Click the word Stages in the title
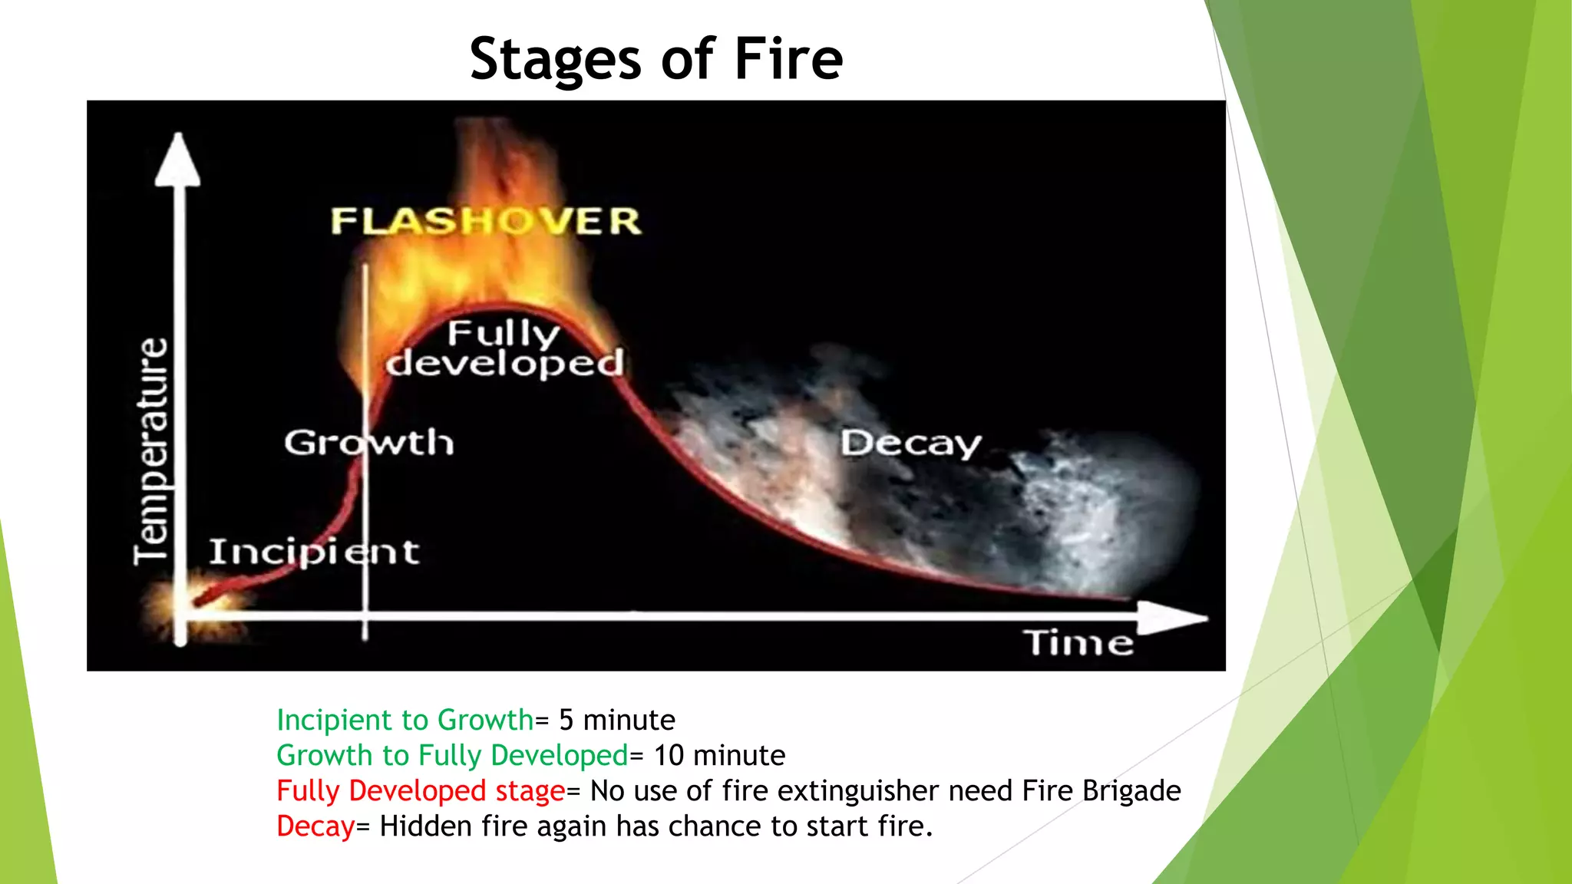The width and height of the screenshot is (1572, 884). point(554,60)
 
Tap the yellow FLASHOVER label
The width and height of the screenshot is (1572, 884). point(485,221)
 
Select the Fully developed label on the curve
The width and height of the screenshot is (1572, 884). point(504,349)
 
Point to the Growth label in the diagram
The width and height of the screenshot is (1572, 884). point(368,443)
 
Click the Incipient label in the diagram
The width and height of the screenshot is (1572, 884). point(314,552)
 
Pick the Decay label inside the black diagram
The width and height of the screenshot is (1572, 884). point(910,444)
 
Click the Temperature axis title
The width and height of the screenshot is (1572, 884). point(150,451)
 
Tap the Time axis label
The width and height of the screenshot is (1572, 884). point(1078,643)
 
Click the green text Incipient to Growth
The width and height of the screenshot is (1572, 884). point(405,720)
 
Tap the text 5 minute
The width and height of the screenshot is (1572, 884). point(616,720)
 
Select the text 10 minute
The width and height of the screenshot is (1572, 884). point(718,755)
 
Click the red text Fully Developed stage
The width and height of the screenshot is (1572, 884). point(420,790)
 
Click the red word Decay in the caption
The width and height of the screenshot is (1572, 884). point(315,826)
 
